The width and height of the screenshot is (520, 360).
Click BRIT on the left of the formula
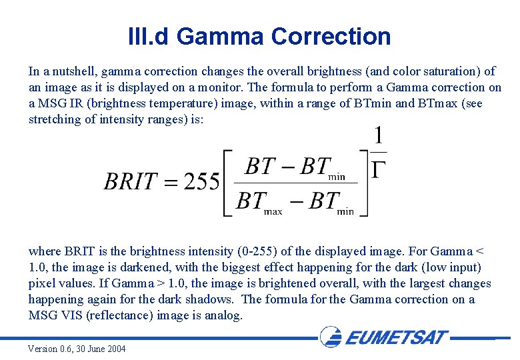point(131,181)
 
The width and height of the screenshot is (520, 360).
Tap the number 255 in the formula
point(202,181)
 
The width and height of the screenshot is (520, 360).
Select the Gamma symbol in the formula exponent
point(378,171)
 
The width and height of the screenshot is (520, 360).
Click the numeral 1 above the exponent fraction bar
point(378,137)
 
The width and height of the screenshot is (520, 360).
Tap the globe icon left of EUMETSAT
point(331,337)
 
